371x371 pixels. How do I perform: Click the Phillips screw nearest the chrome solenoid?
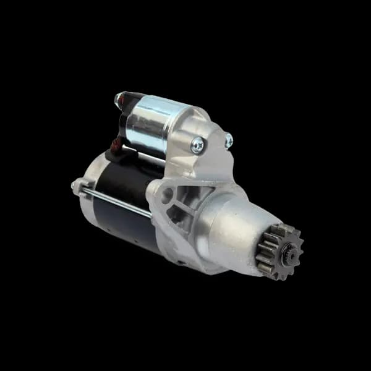(x=198, y=146)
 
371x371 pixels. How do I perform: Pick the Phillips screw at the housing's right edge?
(x=229, y=140)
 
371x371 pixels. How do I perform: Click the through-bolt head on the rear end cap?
(x=75, y=184)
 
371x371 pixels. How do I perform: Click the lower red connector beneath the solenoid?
(x=115, y=145)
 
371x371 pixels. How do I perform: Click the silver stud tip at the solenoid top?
(x=118, y=98)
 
